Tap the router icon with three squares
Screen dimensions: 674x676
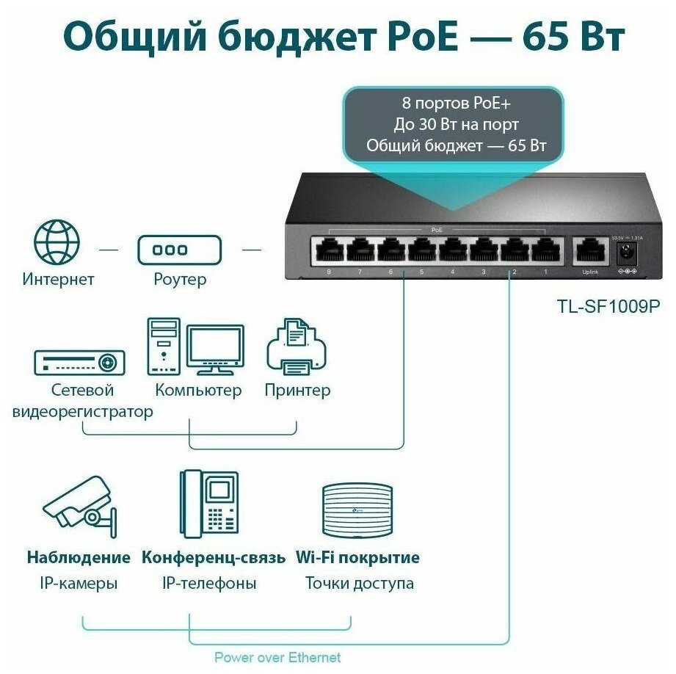pos(180,250)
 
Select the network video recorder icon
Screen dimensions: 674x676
pos(79,362)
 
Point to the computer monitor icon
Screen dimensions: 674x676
pos(214,349)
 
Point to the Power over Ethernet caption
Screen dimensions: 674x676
pos(277,657)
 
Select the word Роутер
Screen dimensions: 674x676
pos(180,279)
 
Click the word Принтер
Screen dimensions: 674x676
pos(297,390)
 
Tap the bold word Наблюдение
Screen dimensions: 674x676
pos(79,557)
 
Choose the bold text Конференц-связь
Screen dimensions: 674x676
pos(214,557)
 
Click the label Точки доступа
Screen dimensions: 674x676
pos(360,584)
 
